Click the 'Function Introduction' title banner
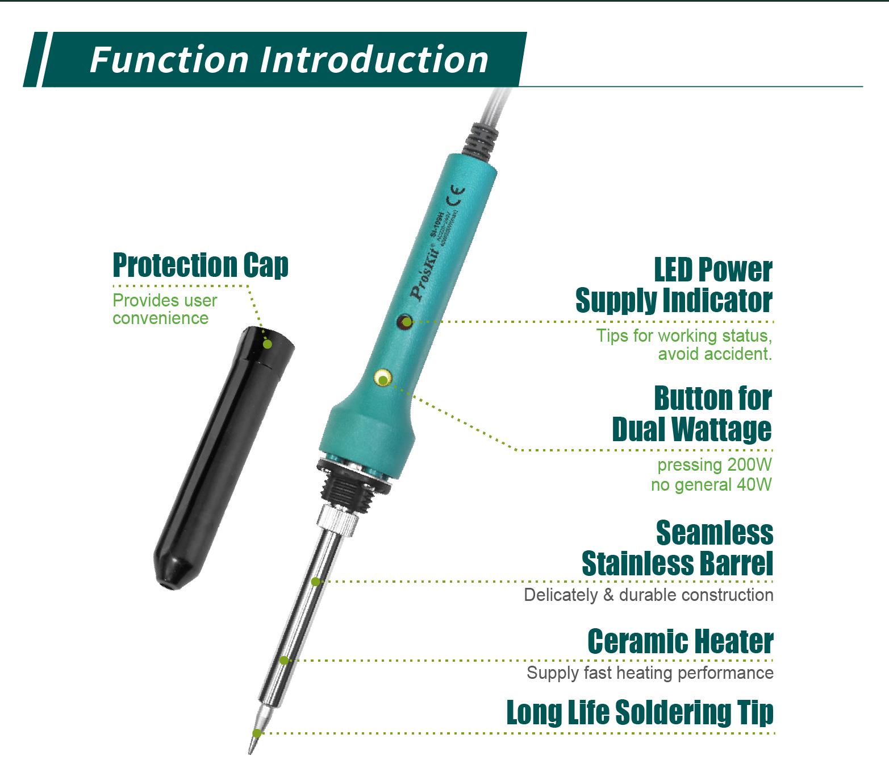[288, 60]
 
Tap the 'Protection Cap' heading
[201, 265]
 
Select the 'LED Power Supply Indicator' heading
[674, 285]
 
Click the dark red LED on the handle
[405, 322]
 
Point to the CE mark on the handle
[455, 196]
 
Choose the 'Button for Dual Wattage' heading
[692, 414]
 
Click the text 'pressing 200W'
[714, 465]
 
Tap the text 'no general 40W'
[711, 485]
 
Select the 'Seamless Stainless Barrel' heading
[678, 549]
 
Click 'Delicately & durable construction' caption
[648, 595]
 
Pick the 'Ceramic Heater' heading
[680, 641]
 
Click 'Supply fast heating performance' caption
[650, 673]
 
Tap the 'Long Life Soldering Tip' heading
[640, 712]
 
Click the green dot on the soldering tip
[257, 733]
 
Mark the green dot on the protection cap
[268, 344]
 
